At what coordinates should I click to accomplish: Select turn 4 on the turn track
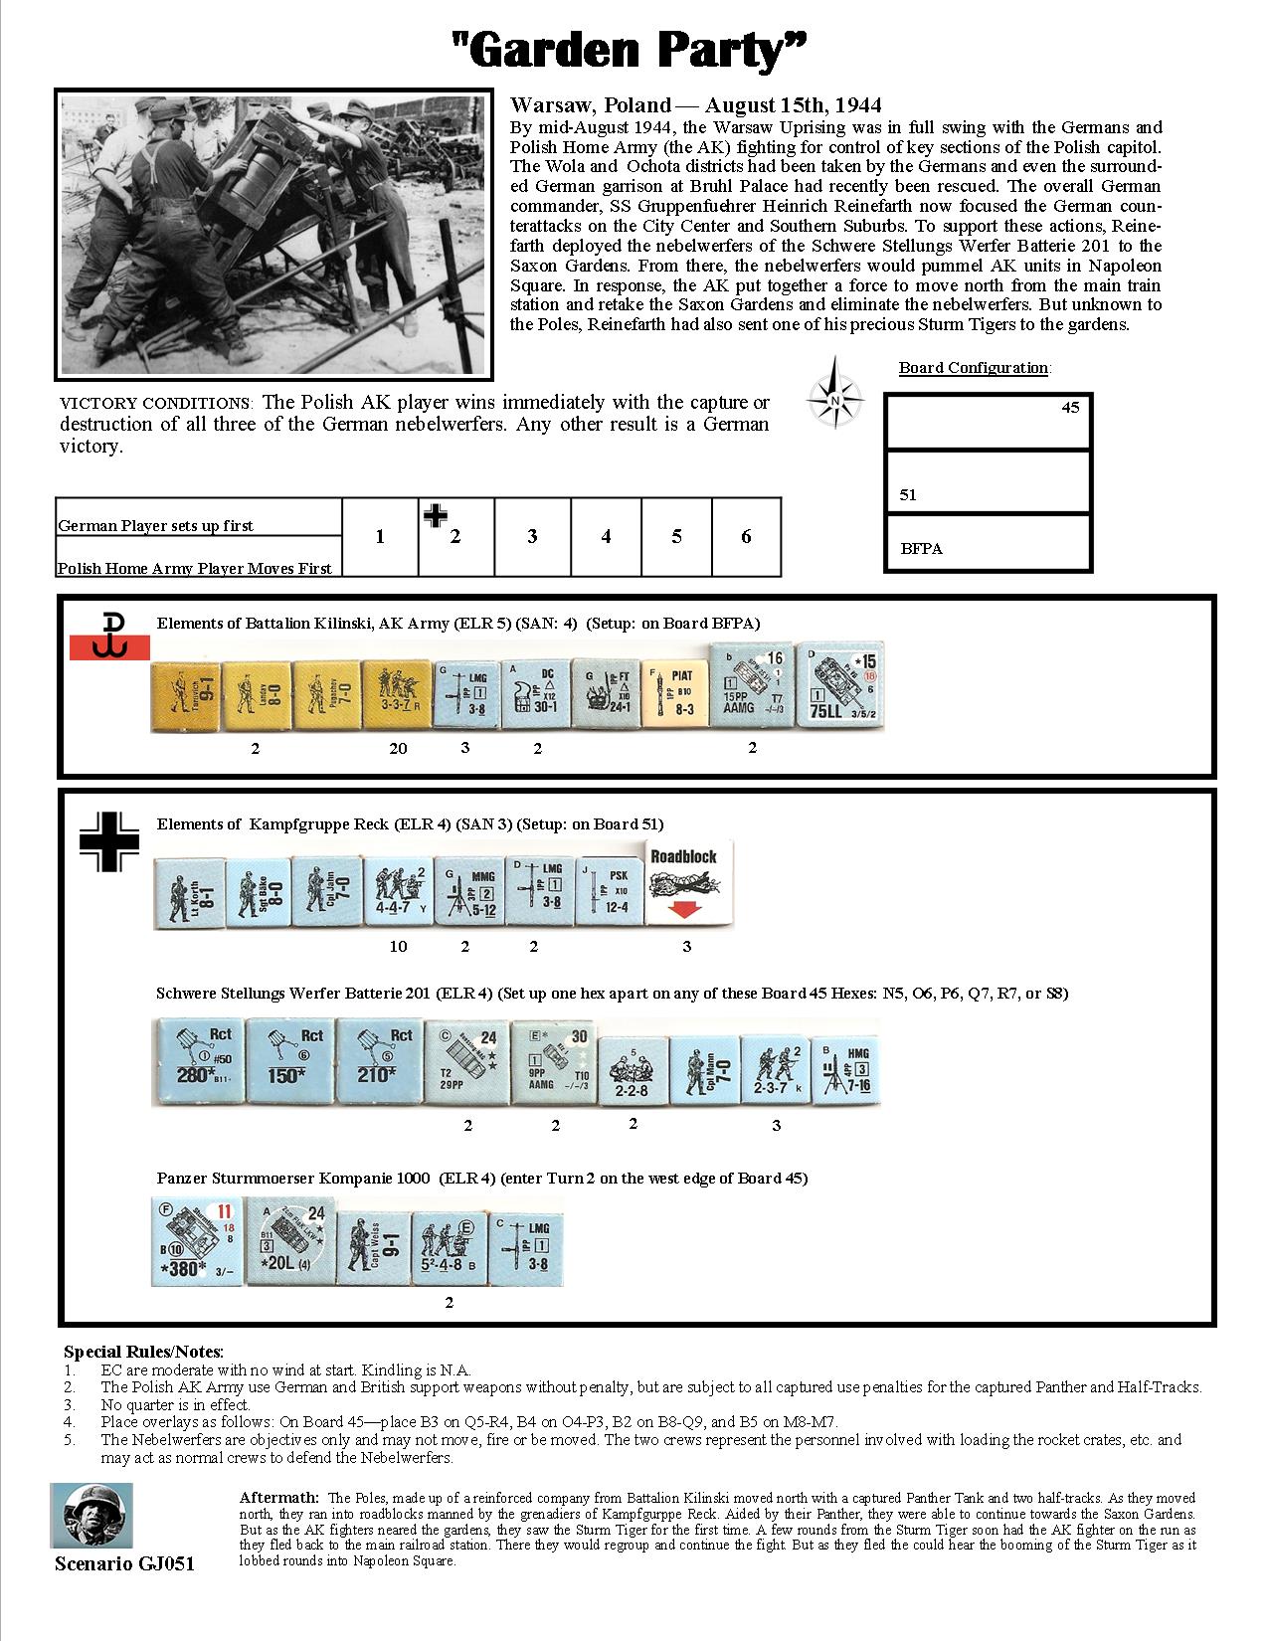click(606, 537)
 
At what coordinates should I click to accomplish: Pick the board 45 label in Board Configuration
click(1070, 407)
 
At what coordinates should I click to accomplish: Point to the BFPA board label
click(921, 548)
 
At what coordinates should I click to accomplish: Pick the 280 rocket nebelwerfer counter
click(197, 1060)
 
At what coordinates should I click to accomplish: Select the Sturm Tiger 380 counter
click(198, 1241)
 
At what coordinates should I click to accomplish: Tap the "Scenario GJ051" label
click(124, 1564)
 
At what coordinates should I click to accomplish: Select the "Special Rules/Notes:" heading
click(143, 1352)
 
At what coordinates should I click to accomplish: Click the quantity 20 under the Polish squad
click(398, 748)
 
